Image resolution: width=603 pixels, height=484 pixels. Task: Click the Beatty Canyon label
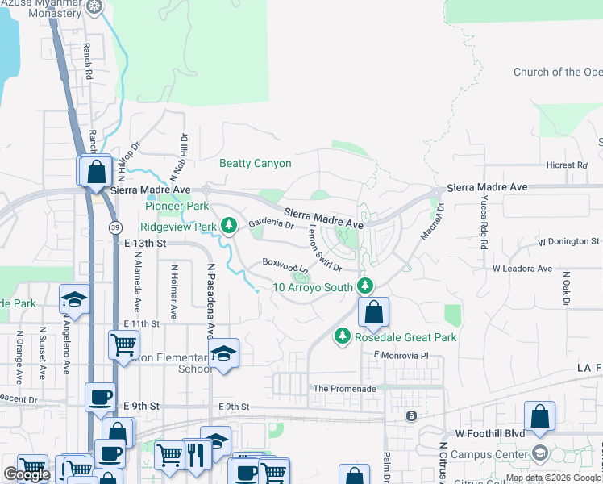[255, 164]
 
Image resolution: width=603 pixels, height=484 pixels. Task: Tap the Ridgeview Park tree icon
[229, 225]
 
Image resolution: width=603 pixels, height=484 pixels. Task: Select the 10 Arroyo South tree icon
[365, 286]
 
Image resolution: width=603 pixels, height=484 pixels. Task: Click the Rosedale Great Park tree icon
[343, 335]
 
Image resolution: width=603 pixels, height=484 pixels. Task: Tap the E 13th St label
[145, 243]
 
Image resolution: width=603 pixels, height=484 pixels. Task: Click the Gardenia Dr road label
[271, 223]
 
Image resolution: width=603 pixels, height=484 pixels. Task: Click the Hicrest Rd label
[566, 165]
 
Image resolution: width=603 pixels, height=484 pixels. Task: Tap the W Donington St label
[569, 241]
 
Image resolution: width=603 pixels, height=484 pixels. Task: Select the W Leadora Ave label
[522, 268]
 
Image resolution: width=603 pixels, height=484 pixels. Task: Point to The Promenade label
[344, 388]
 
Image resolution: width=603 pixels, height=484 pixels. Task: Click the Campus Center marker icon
[539, 453]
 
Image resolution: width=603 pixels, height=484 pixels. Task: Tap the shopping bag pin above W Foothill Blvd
[539, 417]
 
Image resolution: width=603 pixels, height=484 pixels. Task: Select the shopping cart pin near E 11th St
[123, 344]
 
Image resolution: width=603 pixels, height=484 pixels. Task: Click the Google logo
[27, 474]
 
